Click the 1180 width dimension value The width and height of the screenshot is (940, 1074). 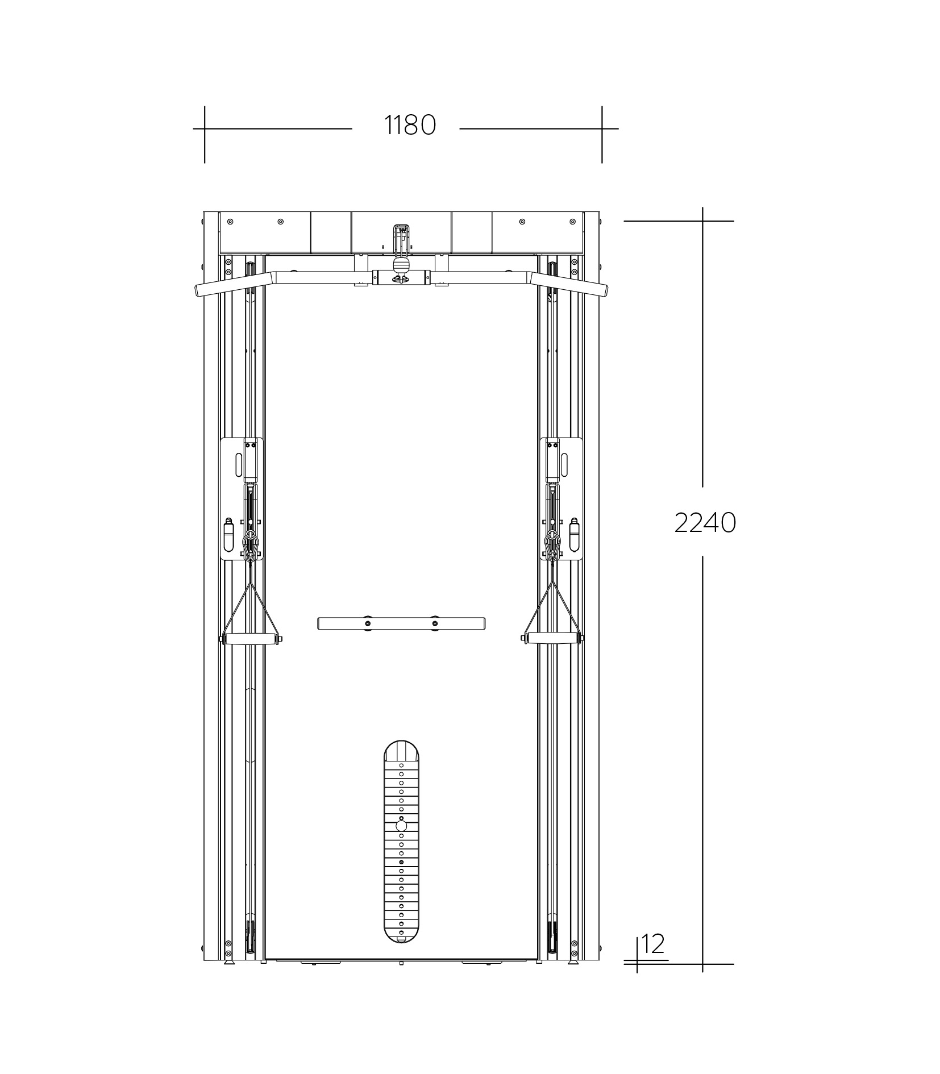(410, 125)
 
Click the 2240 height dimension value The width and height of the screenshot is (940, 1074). (705, 522)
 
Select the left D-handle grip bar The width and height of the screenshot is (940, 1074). (251, 639)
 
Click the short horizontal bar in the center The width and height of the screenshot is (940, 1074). (401, 623)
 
